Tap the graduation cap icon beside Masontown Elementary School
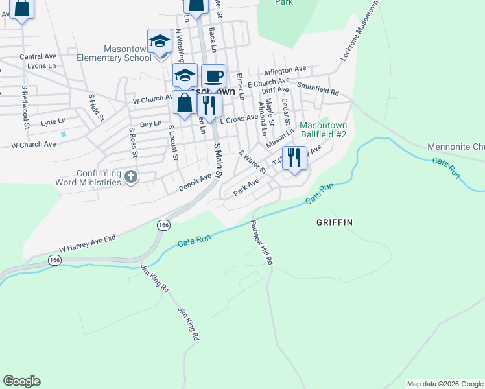[x=160, y=42]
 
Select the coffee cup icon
[x=213, y=77]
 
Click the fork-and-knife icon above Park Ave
[x=294, y=158]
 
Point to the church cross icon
[x=131, y=176]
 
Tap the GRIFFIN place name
[x=334, y=222]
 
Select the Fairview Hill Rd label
[x=261, y=243]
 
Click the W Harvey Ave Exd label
[x=87, y=244]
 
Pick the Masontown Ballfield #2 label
[x=324, y=130]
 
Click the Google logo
[x=21, y=381]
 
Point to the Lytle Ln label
[x=53, y=122]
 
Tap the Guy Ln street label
[x=150, y=123]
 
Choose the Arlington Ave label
[x=285, y=69]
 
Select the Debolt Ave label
[x=195, y=182]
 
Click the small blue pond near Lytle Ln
[x=64, y=134]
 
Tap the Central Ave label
[x=38, y=57]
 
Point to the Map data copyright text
[x=445, y=384]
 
